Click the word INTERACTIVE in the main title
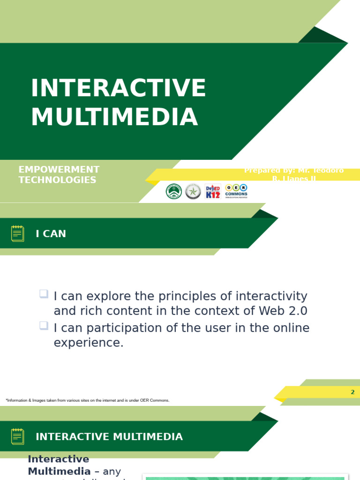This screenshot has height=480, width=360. (x=118, y=89)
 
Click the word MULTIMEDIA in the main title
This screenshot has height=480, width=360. (x=114, y=117)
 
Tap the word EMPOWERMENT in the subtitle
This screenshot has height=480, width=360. (x=59, y=170)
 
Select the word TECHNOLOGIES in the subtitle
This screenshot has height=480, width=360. (x=57, y=180)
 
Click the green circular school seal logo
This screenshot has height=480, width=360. (x=174, y=191)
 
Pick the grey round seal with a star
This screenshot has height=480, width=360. (x=193, y=191)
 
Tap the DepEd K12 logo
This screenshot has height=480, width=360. (x=213, y=191)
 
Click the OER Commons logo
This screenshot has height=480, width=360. (x=236, y=191)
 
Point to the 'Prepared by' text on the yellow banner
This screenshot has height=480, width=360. (x=293, y=174)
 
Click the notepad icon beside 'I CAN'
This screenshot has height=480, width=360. (x=18, y=233)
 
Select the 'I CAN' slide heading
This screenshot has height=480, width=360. (x=51, y=234)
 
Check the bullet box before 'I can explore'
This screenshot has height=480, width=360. (x=44, y=294)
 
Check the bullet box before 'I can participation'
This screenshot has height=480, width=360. (x=44, y=325)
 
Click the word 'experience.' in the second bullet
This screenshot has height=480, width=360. (x=89, y=343)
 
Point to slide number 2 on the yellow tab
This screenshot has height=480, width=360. (x=352, y=392)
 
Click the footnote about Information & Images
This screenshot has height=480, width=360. (x=88, y=400)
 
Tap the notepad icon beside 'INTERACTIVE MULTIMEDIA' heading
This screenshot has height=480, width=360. (x=18, y=436)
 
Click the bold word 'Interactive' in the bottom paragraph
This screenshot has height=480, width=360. (x=58, y=459)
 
